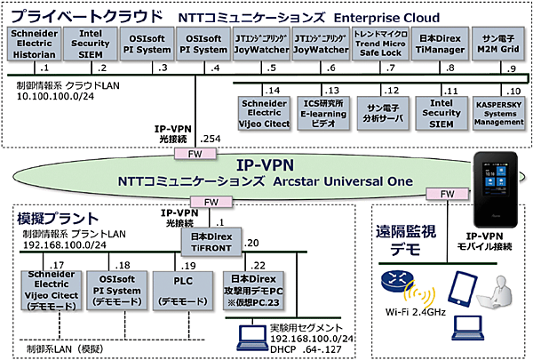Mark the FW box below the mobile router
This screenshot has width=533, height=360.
442,193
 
